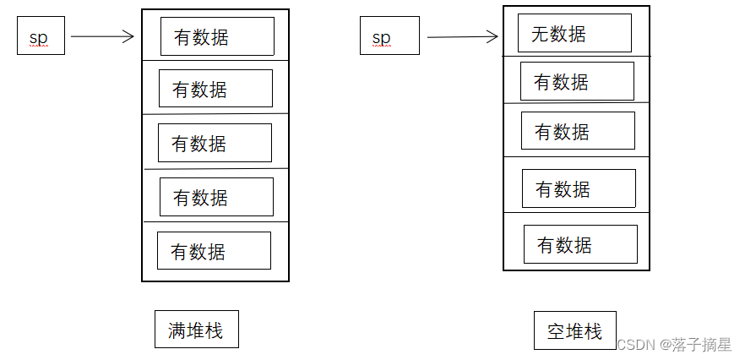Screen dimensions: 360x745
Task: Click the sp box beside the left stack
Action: point(41,37)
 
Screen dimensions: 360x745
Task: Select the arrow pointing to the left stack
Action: point(103,36)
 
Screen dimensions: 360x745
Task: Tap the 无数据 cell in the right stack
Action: point(574,34)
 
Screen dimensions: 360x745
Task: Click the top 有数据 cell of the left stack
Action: point(217,36)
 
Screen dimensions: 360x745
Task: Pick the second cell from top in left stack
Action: point(215,89)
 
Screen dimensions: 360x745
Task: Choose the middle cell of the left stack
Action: point(215,143)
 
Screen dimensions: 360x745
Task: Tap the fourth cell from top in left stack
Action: point(216,197)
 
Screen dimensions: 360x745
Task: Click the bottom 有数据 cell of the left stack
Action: point(214,251)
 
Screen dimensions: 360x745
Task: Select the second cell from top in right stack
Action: point(577,82)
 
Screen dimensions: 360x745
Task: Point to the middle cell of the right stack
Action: point(578,131)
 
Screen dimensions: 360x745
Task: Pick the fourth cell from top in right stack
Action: point(579,188)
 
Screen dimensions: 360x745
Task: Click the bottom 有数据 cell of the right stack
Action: point(580,244)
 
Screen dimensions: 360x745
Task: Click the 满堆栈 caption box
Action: point(196,330)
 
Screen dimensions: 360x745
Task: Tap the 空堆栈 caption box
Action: point(574,331)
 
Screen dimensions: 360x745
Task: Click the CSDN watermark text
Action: point(673,344)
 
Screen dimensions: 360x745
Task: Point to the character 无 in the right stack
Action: point(541,34)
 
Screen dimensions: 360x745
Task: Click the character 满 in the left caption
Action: point(177,330)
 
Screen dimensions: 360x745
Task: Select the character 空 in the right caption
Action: point(556,332)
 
